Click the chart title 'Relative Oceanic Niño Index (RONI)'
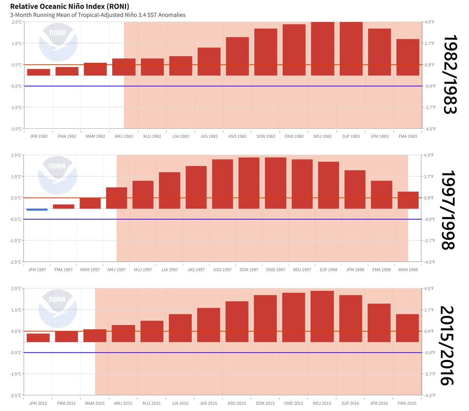(x=69, y=6)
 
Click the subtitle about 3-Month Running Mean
(x=98, y=15)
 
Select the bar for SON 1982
(x=266, y=52)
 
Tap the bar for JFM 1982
(x=38, y=72)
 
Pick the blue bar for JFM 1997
(x=37, y=209)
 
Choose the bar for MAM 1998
(x=408, y=200)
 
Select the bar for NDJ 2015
(x=322, y=316)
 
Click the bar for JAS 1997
(x=196, y=187)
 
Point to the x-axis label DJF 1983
(x=351, y=136)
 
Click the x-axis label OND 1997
(x=275, y=270)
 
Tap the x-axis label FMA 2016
(x=407, y=403)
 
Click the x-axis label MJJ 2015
(x=152, y=403)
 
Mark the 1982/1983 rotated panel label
(x=450, y=74)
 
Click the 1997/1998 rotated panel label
(x=448, y=210)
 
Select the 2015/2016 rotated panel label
(x=447, y=345)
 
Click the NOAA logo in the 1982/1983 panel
(x=58, y=42)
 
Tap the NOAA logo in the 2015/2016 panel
(x=58, y=309)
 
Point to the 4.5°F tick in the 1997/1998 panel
(x=429, y=155)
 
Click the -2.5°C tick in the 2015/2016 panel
(x=16, y=395)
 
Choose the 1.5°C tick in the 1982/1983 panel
(x=17, y=44)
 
